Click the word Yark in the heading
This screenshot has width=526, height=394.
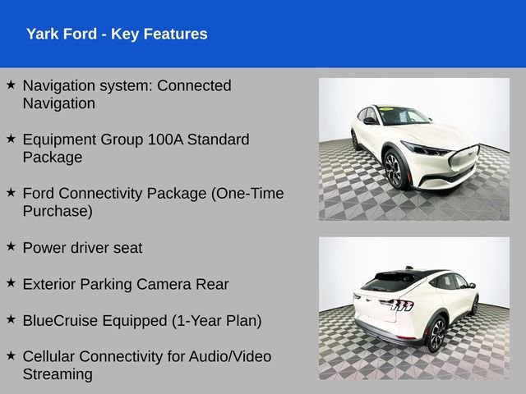pos(43,34)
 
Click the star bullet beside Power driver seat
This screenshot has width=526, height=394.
pos(11,246)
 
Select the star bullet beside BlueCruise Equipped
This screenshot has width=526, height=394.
pos(11,318)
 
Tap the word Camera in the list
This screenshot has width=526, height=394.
pos(171,284)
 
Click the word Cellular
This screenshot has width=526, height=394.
pos(51,356)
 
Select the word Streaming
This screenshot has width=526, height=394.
pos(58,374)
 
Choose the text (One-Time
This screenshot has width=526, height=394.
pos(247,194)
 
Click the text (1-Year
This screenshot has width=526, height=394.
pos(196,320)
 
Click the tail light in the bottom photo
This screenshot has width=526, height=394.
pos(397,305)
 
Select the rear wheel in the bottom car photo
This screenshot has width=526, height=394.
pos(436,333)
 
